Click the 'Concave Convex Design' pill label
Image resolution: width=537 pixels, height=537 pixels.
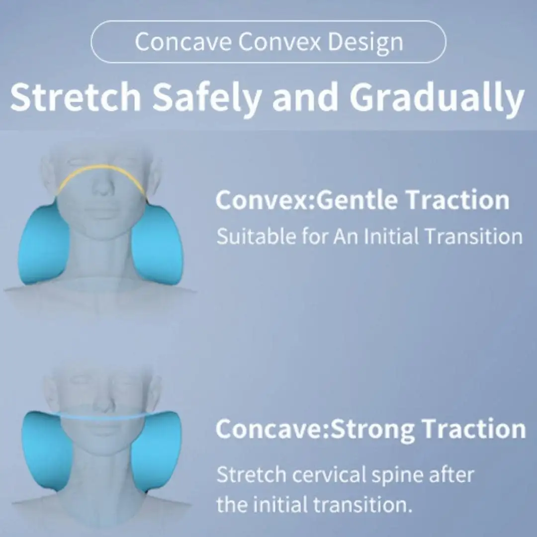point(268,42)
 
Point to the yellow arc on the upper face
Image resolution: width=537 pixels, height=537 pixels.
point(102,169)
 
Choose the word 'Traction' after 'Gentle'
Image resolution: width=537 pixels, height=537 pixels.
point(457,200)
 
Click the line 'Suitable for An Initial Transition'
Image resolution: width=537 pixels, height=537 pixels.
point(369,236)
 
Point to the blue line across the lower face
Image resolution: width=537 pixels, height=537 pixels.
point(102,416)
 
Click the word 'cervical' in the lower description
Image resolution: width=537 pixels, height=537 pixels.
point(329,475)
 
